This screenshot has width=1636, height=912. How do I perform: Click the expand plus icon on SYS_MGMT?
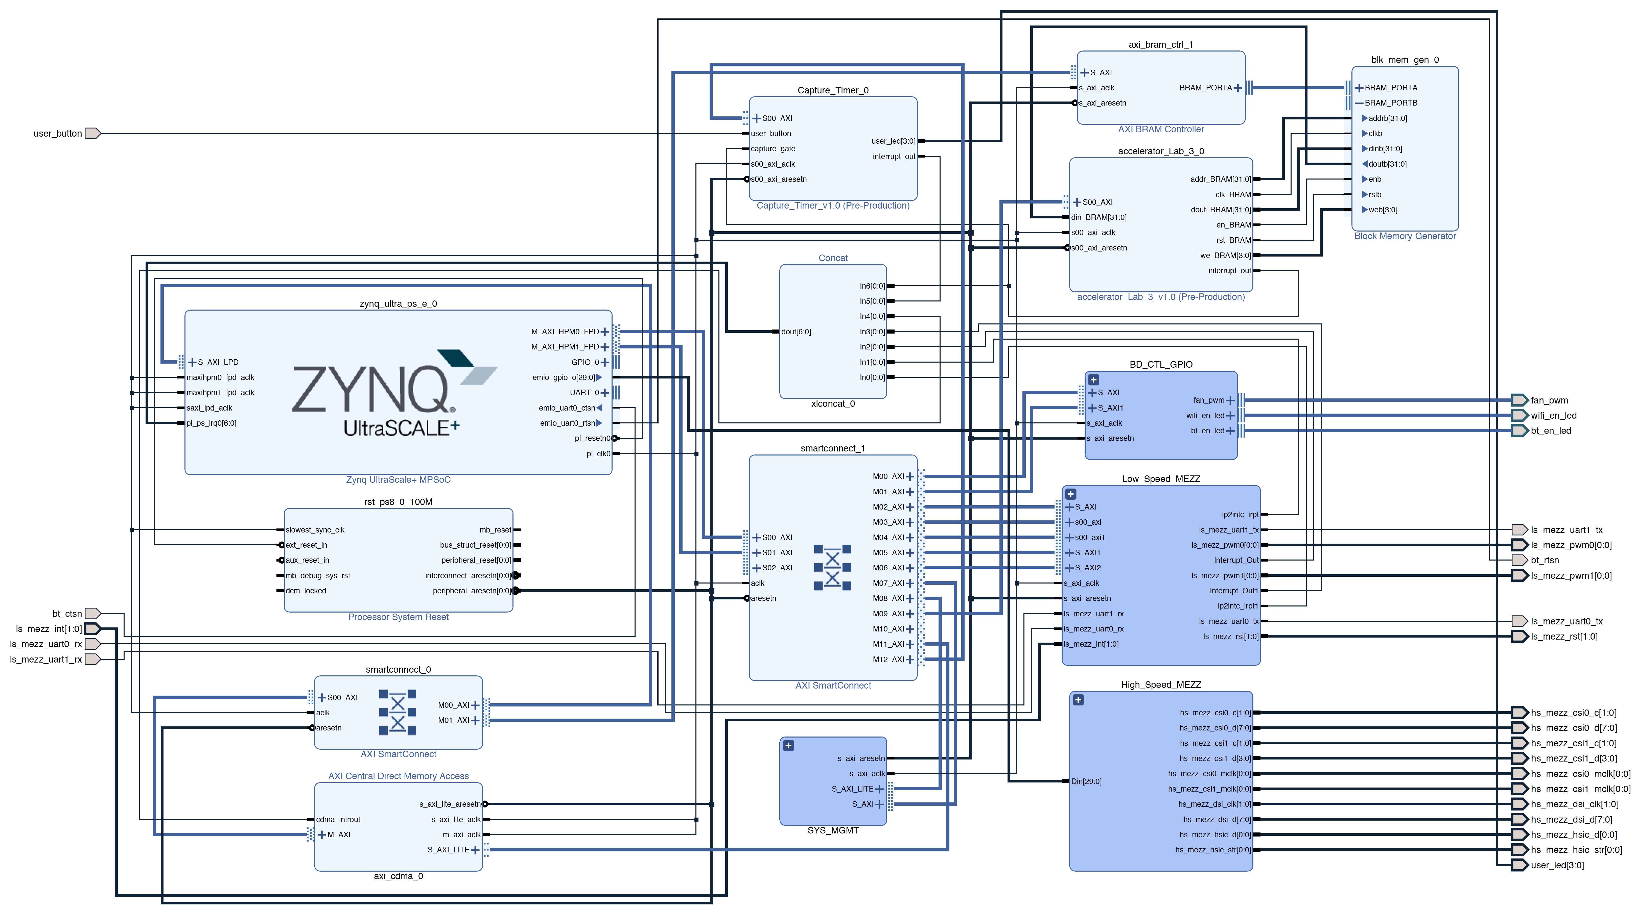pyautogui.click(x=788, y=746)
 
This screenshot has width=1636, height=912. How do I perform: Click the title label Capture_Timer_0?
pyautogui.click(x=833, y=90)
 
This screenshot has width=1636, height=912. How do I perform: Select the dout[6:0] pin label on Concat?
pyautogui.click(x=796, y=331)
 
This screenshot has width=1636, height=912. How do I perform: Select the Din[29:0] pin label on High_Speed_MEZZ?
pyautogui.click(x=1086, y=781)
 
